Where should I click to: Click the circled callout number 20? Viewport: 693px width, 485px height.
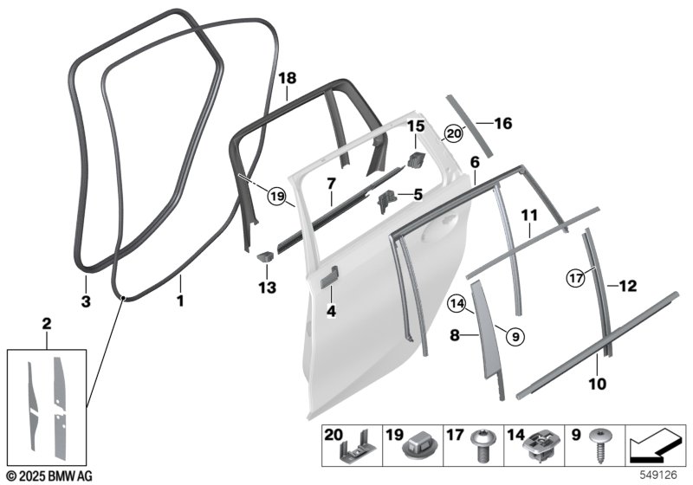point(454,133)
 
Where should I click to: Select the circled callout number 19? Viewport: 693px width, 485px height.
point(277,196)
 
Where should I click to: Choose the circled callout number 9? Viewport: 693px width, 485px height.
point(515,337)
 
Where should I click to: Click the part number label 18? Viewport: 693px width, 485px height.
point(288,78)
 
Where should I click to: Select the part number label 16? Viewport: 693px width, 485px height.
point(503,123)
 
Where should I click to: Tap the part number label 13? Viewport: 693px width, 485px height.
point(268,288)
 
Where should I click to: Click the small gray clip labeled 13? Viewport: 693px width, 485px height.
point(266,255)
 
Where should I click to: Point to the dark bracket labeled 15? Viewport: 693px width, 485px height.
point(416,159)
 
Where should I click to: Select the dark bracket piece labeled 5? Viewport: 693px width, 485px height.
point(385,200)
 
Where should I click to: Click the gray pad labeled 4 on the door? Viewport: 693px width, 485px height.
point(329,277)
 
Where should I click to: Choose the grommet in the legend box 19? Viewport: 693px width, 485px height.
point(420,446)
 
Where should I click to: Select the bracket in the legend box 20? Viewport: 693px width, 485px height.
point(358,447)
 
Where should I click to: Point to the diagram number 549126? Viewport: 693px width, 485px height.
point(659,475)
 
